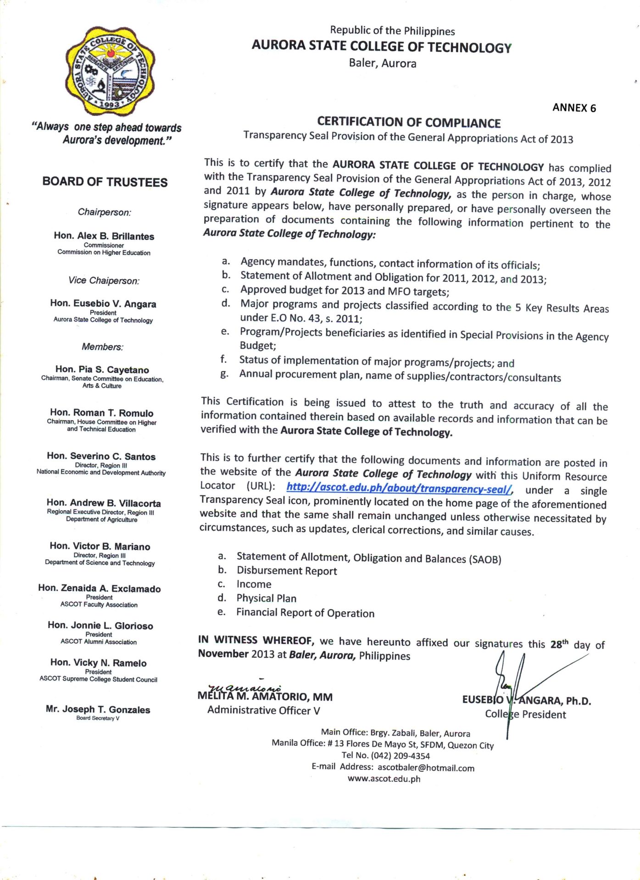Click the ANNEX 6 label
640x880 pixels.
[574, 108]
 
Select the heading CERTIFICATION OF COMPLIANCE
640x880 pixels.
[408, 122]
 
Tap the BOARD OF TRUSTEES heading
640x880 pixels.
[105, 182]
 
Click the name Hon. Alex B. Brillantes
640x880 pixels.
[104, 236]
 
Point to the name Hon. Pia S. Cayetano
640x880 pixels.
[102, 369]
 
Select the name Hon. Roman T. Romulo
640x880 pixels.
[102, 412]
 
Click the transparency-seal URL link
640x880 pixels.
[399, 489]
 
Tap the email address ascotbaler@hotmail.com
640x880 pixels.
[426, 768]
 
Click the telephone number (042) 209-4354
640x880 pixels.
[400, 756]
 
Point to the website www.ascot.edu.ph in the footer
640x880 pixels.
[384, 779]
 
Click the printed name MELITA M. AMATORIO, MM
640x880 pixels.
[265, 697]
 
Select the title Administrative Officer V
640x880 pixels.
[263, 710]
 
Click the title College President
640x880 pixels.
[525, 714]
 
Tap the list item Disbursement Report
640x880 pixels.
[287, 571]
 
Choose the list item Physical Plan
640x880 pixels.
[266, 598]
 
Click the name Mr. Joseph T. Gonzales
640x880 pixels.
[98, 709]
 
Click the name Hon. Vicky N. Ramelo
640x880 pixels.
[99, 663]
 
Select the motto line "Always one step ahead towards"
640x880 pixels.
[107, 127]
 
